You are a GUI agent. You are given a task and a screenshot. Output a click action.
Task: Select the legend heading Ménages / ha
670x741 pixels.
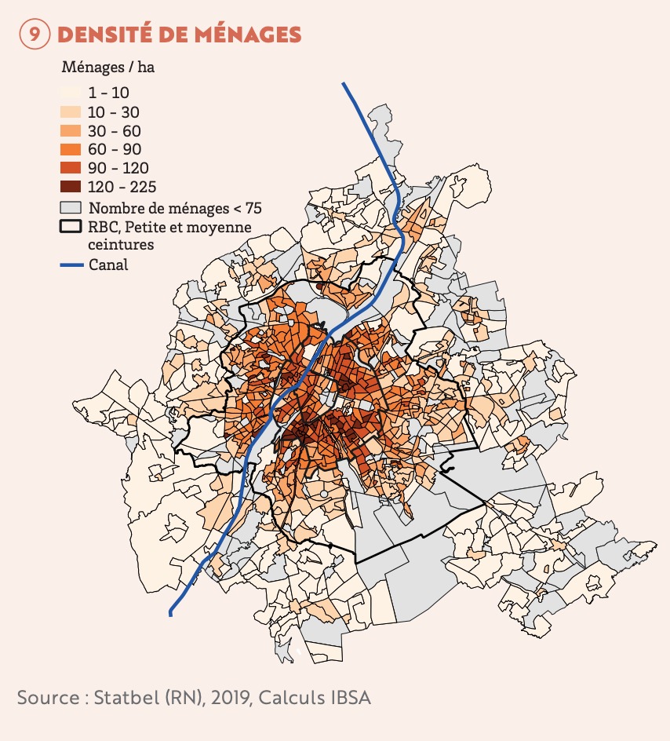tap(107, 67)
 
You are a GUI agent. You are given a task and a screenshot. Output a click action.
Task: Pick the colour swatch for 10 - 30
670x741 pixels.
tap(71, 111)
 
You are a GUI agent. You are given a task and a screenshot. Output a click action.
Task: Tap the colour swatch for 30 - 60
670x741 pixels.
tap(71, 130)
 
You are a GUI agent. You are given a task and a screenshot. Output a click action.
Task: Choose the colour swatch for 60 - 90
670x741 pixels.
tap(71, 149)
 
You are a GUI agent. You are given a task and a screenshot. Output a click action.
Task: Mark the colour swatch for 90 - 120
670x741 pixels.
tap(71, 168)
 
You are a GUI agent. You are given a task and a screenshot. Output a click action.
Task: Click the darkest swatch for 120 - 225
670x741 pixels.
tap(71, 187)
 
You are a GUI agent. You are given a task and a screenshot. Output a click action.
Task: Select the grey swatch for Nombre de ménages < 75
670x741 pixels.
tap(71, 208)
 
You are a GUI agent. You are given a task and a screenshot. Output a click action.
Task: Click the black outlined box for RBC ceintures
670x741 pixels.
tap(71, 228)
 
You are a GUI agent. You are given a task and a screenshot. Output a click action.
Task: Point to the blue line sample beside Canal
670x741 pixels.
tap(71, 265)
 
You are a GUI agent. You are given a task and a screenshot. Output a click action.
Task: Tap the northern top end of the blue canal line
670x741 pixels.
tap(344, 83)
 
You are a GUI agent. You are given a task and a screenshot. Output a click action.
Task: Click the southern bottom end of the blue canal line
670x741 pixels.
tap(170, 615)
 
